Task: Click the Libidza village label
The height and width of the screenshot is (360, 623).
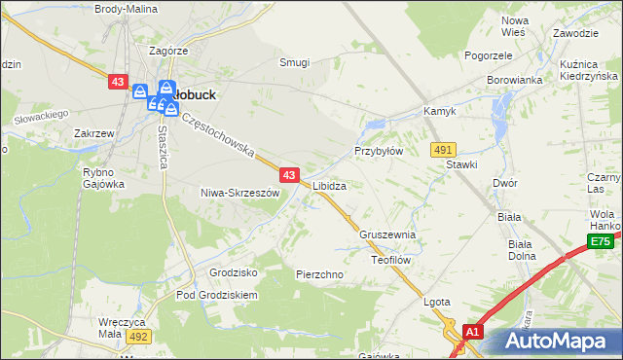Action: coord(329,185)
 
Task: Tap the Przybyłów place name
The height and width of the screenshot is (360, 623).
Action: coord(378,152)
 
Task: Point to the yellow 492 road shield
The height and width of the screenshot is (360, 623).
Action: coord(138,336)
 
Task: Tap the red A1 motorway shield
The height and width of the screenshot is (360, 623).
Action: coord(472,332)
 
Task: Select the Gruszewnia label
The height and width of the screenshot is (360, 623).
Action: coord(387,235)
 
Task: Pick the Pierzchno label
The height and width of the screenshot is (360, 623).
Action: coord(319,275)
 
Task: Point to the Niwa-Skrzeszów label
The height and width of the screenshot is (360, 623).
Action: coord(239,193)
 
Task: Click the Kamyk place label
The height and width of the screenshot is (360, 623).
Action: coord(439,112)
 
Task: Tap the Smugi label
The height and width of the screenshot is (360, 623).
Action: coord(294,62)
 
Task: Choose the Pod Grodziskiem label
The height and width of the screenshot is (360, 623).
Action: coord(216,295)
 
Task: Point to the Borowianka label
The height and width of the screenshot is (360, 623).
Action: coord(514,81)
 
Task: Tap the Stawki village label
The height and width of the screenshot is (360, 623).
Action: coord(461,164)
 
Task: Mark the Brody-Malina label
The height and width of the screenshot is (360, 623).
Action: coord(128,8)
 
